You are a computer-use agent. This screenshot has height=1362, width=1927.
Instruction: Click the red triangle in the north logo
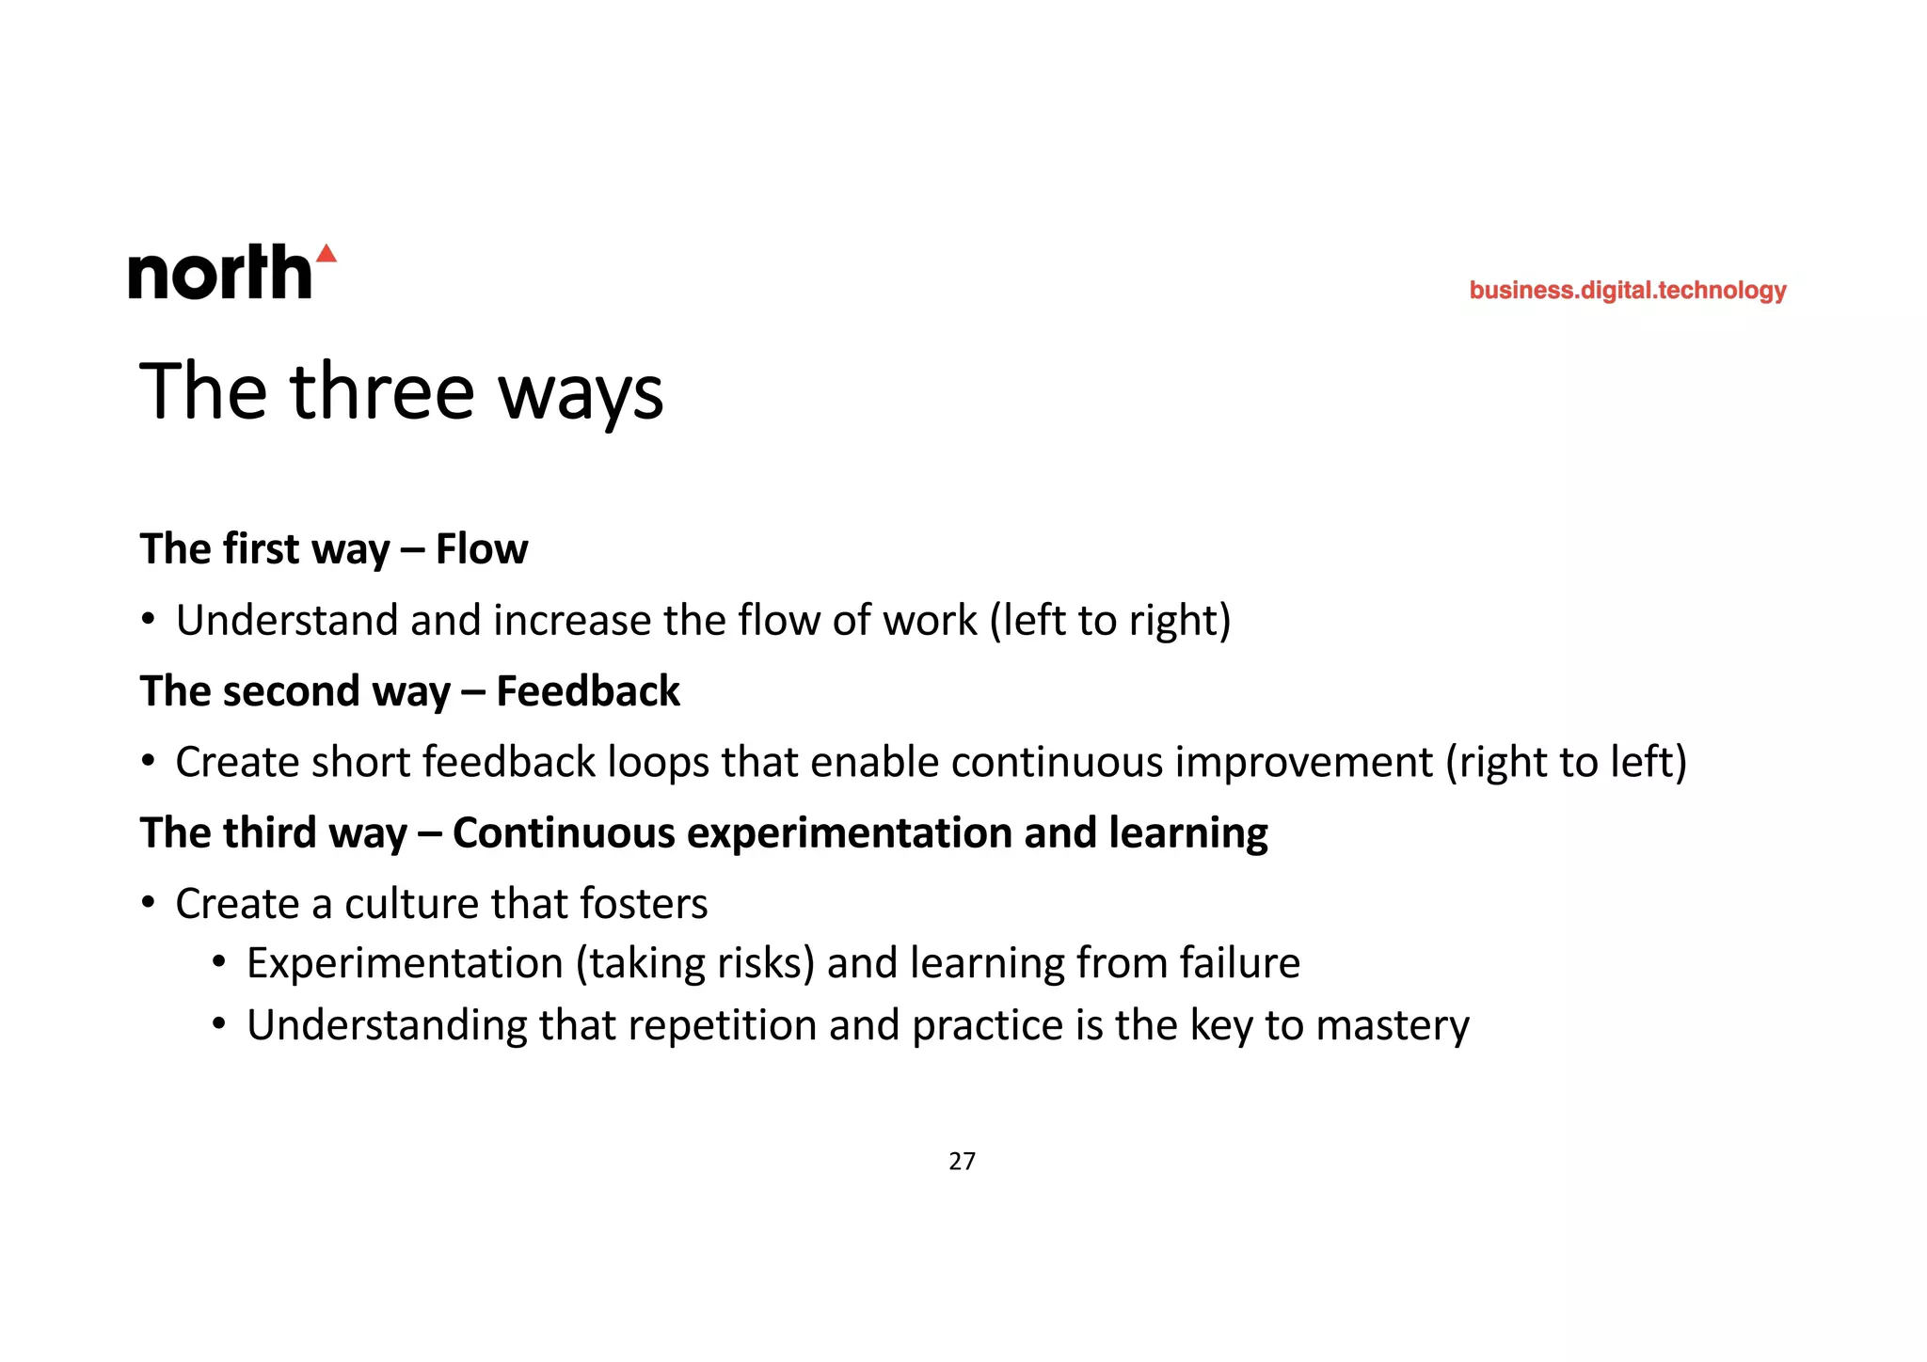326,254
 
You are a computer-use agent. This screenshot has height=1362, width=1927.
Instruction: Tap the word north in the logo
219,274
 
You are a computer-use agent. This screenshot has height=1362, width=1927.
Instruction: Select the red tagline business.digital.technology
1627,291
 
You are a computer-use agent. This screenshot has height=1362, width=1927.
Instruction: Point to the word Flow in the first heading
482,549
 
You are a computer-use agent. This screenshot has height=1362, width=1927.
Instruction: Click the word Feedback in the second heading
588,691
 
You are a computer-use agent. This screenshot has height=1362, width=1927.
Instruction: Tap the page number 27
962,1162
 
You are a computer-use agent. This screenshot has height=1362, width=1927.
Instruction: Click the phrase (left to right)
1110,621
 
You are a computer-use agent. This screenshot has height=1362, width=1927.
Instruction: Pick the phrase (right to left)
1566,762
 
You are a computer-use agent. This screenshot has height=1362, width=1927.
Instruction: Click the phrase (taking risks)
695,964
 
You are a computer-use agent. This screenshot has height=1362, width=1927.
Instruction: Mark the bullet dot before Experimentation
219,962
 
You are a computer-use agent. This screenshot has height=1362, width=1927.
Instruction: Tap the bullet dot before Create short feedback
148,761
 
